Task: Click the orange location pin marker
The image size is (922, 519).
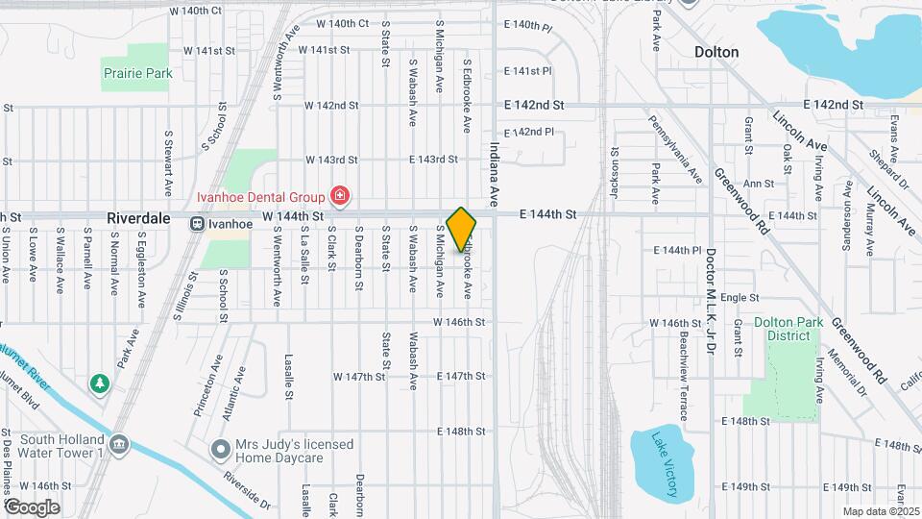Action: coord(462,229)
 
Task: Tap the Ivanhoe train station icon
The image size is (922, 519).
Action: coord(196,223)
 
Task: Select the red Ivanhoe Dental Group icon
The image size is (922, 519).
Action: coord(339,197)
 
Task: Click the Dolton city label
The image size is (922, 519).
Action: coord(716,52)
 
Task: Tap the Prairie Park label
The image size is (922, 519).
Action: coord(136,73)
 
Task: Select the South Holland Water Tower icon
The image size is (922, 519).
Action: coord(119,444)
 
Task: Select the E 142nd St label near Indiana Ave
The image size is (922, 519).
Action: coord(534,105)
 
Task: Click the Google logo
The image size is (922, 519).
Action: coord(32,507)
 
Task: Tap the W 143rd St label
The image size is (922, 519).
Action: coord(331,160)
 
